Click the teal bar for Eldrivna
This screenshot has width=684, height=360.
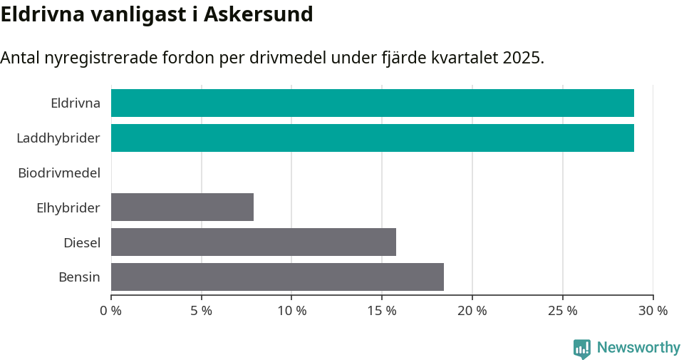click(372, 103)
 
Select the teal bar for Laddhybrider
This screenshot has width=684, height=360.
click(372, 138)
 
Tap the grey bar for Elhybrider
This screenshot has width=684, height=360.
click(182, 207)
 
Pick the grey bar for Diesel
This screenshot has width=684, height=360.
click(254, 242)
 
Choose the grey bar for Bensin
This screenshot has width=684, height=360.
click(277, 277)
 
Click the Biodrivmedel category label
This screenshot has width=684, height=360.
click(59, 173)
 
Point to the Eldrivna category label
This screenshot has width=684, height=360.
click(76, 103)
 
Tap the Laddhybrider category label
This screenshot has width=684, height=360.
click(58, 138)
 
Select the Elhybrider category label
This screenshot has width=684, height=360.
click(68, 207)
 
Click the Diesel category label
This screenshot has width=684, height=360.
click(82, 242)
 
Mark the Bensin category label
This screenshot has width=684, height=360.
click(79, 277)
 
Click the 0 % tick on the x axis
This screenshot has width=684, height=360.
click(111, 311)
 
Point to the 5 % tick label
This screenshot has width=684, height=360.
click(202, 311)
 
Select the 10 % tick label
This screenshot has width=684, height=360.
click(292, 311)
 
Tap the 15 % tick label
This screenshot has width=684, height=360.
click(382, 311)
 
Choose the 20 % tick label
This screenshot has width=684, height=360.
click(472, 311)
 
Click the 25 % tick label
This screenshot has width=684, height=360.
click(563, 311)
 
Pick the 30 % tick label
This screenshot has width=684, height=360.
click(653, 311)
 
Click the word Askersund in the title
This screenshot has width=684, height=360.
click(259, 14)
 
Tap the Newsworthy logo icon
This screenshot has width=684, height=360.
click(582, 349)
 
